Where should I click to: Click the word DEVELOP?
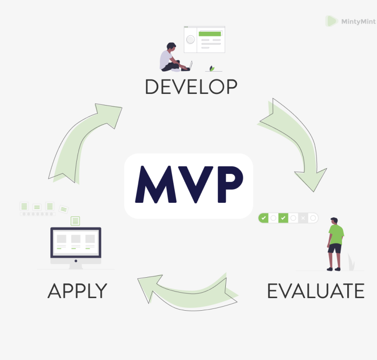tap(191, 87)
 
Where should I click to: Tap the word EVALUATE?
tap(316, 291)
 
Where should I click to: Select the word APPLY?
tap(77, 291)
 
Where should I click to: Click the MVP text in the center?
tap(189, 184)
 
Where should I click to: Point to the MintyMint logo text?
tap(358, 22)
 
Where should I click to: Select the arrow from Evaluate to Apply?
tap(190, 294)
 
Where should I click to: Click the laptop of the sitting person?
tap(187, 67)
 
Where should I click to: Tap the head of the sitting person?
tap(171, 46)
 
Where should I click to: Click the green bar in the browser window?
tap(209, 34)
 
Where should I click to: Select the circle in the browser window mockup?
tap(190, 40)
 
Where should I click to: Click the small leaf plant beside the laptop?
tap(212, 68)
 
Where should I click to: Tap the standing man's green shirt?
tap(336, 234)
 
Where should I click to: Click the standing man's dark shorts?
tap(335, 248)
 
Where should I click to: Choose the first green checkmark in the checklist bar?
tap(263, 218)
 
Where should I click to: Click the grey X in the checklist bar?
tap(303, 218)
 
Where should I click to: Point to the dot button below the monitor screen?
tap(76, 261)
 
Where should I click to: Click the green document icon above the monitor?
tap(75, 221)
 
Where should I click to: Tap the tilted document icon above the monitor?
tap(64, 209)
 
